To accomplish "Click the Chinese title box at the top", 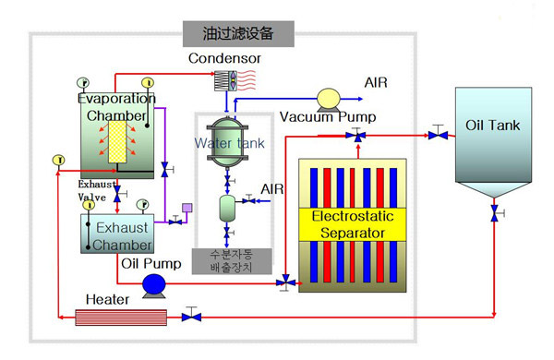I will tap(237, 34).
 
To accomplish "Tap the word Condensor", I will tap(224, 58).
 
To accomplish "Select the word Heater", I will tap(107, 299).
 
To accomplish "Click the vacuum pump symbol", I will tap(329, 99).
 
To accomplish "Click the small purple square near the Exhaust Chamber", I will tap(187, 208).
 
